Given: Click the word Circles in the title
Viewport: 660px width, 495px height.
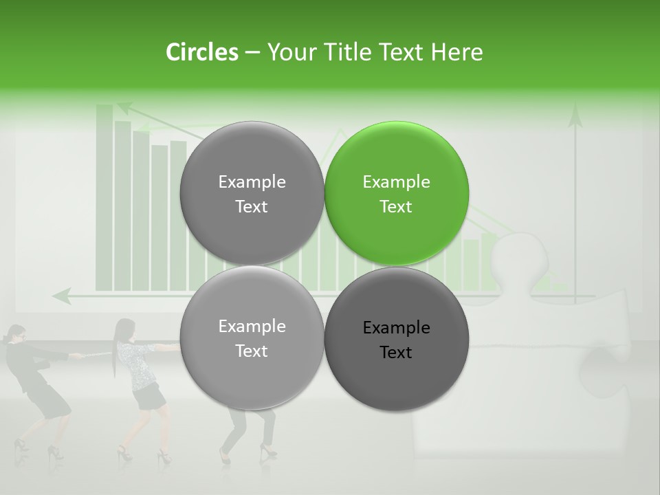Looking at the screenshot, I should click(201, 52).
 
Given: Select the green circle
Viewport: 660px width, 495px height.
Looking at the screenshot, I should click(397, 193).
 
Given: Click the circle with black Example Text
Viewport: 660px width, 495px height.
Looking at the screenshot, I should click(397, 339).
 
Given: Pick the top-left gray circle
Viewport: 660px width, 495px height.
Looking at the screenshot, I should click(252, 193).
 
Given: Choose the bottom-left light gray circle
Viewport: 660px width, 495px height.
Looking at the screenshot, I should click(252, 338).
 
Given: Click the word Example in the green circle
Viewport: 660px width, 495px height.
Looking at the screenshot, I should click(396, 182).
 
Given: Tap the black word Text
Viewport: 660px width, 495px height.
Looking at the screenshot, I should click(396, 353).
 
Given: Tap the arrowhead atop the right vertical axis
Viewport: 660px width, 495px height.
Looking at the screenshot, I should click(575, 117).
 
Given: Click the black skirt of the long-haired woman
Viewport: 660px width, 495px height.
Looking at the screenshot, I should click(148, 397).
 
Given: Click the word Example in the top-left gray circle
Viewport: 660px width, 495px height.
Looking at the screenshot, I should click(252, 182).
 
